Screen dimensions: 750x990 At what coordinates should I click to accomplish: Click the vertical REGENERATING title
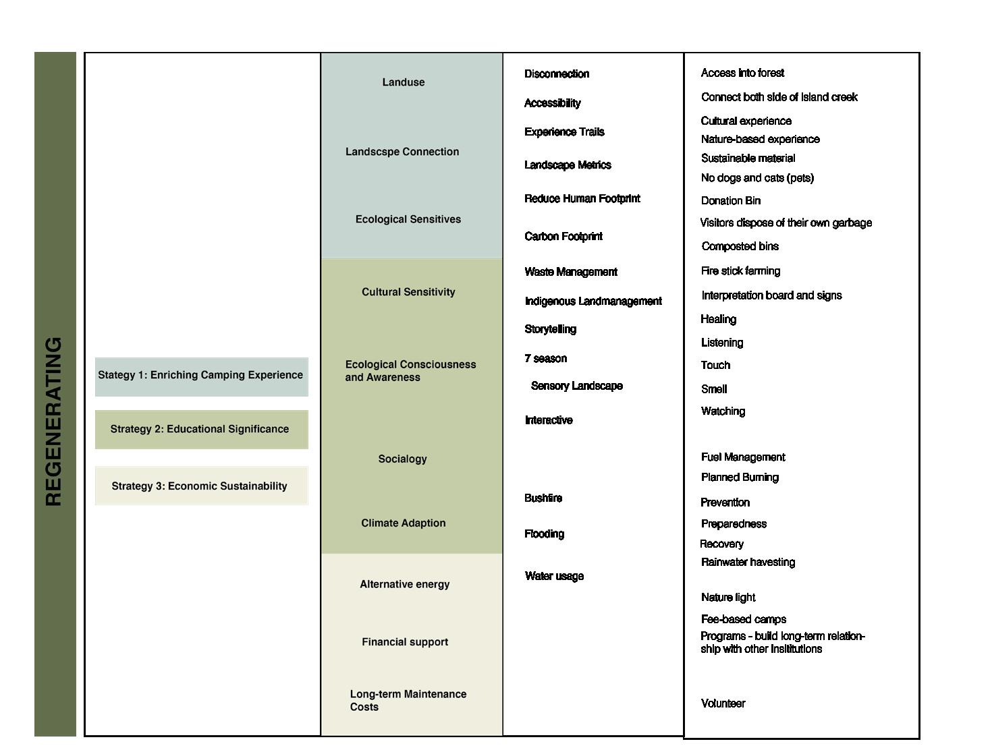[54, 422]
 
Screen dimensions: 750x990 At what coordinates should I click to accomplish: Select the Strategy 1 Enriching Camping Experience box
[201, 376]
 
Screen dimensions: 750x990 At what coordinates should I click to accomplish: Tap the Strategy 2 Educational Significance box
[201, 430]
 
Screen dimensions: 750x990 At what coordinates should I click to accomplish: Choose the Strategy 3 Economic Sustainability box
[201, 486]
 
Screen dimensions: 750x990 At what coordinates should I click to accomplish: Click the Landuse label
[404, 82]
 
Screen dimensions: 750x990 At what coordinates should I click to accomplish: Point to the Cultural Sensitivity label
[408, 292]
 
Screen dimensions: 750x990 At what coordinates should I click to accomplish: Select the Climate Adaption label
[403, 523]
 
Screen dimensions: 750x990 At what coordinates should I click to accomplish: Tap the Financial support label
[405, 642]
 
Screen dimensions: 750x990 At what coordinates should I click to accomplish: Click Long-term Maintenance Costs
[408, 700]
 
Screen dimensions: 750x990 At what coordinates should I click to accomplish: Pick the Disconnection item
[557, 74]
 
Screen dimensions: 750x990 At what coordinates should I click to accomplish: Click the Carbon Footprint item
[563, 237]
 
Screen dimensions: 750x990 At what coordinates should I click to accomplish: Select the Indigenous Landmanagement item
[593, 301]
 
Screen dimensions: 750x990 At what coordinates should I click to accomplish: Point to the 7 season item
[545, 359]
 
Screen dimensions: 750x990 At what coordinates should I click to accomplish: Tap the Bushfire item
[543, 498]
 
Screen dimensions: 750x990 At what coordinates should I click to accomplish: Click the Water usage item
[554, 576]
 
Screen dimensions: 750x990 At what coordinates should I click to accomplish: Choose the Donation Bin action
[731, 201]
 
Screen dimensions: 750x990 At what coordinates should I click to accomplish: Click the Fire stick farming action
[740, 271]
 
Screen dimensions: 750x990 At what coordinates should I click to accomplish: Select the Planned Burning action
[740, 478]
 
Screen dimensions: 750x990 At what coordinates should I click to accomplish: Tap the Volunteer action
[723, 703]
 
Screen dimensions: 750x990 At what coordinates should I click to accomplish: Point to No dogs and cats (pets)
[757, 178]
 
